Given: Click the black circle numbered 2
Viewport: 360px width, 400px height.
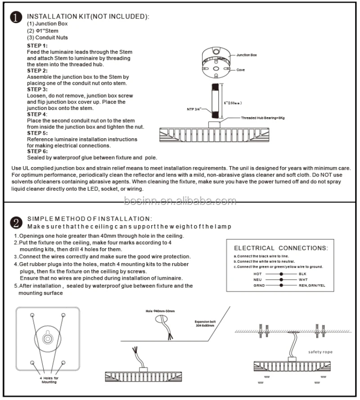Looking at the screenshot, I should (x=16, y=223).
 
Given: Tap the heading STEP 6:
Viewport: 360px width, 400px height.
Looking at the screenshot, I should (x=37, y=151).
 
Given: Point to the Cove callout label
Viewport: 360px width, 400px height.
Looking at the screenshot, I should (x=241, y=70).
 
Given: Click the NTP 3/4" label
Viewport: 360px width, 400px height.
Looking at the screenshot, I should (x=194, y=109).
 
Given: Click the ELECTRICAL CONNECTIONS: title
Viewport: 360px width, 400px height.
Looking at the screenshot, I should (x=281, y=248).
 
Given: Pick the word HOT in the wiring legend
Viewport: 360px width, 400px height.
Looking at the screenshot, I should (x=258, y=273).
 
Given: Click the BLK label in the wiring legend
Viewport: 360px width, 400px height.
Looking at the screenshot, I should (x=302, y=273).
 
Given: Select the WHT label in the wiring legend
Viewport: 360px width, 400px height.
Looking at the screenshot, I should (x=303, y=279).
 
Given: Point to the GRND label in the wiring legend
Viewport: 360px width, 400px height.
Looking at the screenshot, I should (x=259, y=285).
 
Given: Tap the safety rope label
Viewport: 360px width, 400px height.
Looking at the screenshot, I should (x=320, y=352).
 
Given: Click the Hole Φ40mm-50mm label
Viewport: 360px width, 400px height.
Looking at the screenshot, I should (x=159, y=311).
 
